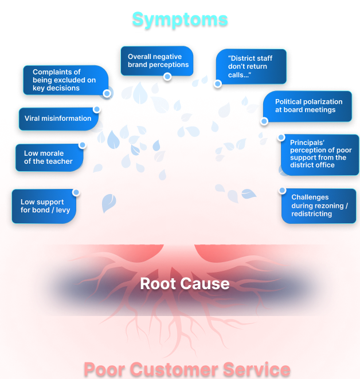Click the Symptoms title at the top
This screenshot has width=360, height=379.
(x=179, y=19)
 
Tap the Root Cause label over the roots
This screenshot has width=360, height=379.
(x=185, y=283)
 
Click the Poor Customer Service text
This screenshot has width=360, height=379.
(x=187, y=368)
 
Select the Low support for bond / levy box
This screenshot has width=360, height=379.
(x=44, y=206)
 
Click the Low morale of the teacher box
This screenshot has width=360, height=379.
(x=49, y=157)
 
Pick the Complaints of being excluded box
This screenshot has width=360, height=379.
(x=64, y=80)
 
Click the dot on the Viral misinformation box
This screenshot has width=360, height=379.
(x=96, y=109)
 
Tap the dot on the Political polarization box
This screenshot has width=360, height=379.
(x=264, y=121)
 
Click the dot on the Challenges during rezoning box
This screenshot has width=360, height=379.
(x=282, y=189)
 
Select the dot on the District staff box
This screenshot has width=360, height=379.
(x=217, y=84)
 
